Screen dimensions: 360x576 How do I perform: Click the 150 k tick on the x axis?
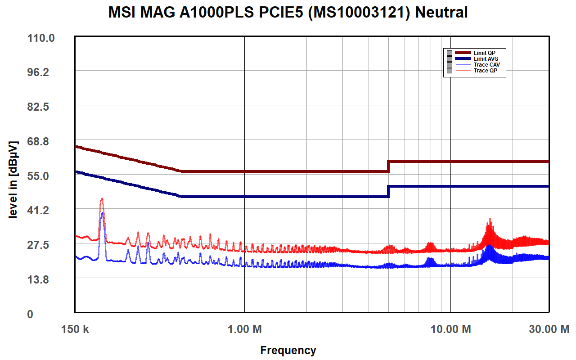click(75, 329)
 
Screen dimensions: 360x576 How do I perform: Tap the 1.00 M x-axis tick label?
click(244, 329)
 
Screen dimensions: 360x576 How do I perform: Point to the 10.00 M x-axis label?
click(450, 329)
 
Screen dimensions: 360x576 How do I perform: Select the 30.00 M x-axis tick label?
click(549, 329)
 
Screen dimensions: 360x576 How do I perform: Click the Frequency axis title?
click(288, 350)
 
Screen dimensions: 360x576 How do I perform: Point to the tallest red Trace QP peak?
click(102, 198)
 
